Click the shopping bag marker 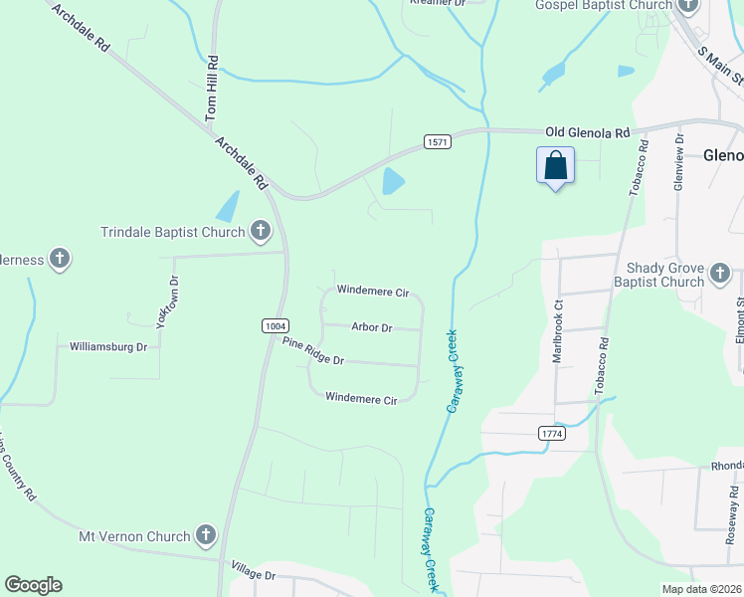click(x=556, y=165)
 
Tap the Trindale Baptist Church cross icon click(x=261, y=232)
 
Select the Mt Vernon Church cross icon click(x=206, y=536)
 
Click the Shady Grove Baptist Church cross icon click(x=720, y=273)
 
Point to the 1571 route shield click(x=438, y=142)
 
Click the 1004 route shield click(x=277, y=325)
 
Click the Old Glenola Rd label click(x=588, y=132)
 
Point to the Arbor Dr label click(x=372, y=327)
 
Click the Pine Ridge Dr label click(x=312, y=351)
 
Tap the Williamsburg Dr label click(x=108, y=347)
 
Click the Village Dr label click(x=253, y=574)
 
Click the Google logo click(x=33, y=585)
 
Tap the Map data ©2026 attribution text click(x=701, y=589)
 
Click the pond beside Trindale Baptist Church click(x=228, y=206)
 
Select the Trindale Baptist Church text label click(x=173, y=233)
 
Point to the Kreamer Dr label click(x=438, y=4)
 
